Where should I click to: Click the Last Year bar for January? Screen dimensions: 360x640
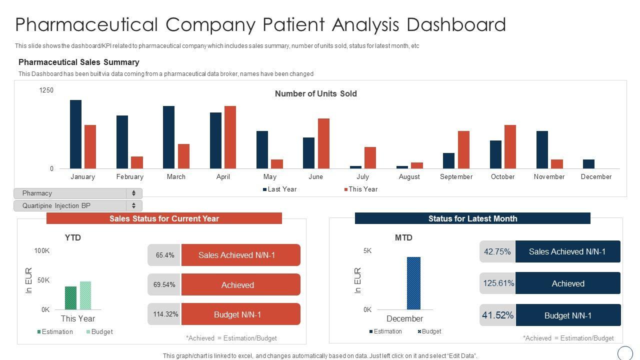pyautogui.click(x=75, y=134)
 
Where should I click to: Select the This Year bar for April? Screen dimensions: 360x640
pyautogui.click(x=230, y=137)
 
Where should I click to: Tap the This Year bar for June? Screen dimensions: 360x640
pyautogui.click(x=323, y=143)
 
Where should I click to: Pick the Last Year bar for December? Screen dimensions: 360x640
pyautogui.click(x=588, y=164)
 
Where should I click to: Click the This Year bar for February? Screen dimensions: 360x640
pyautogui.click(x=137, y=162)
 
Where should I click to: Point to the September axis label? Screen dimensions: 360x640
pyautogui.click(x=456, y=176)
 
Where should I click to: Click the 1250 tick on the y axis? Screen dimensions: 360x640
pyautogui.click(x=46, y=90)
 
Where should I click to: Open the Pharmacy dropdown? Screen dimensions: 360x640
pyautogui.click(x=77, y=193)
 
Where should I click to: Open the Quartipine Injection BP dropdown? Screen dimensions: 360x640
pyautogui.click(x=77, y=205)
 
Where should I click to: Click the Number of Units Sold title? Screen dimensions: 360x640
pyautogui.click(x=315, y=93)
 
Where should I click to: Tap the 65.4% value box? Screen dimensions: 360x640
pyautogui.click(x=164, y=255)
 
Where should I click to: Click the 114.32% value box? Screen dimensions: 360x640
pyautogui.click(x=165, y=314)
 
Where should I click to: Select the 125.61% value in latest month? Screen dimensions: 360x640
pyautogui.click(x=498, y=283)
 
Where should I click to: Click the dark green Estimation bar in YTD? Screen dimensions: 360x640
pyautogui.click(x=71, y=298)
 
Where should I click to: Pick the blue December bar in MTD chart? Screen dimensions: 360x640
pyautogui.click(x=413, y=283)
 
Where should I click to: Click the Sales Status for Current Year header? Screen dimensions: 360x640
pyautogui.click(x=164, y=218)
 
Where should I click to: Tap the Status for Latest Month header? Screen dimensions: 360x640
pyautogui.click(x=472, y=218)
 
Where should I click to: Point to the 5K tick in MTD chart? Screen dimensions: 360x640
pyautogui.click(x=367, y=250)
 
